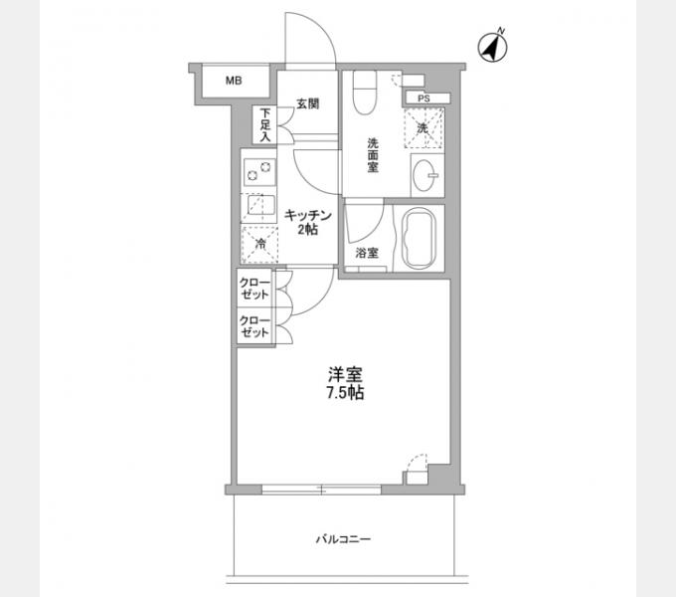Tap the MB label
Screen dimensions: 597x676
point(231,82)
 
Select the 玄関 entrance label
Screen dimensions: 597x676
point(306,102)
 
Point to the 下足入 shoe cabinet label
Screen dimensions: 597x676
point(265,126)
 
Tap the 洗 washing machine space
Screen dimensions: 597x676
point(423,128)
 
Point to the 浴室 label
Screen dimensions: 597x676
point(367,253)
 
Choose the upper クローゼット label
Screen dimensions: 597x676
point(254,290)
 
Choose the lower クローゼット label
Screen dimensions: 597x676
point(254,326)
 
